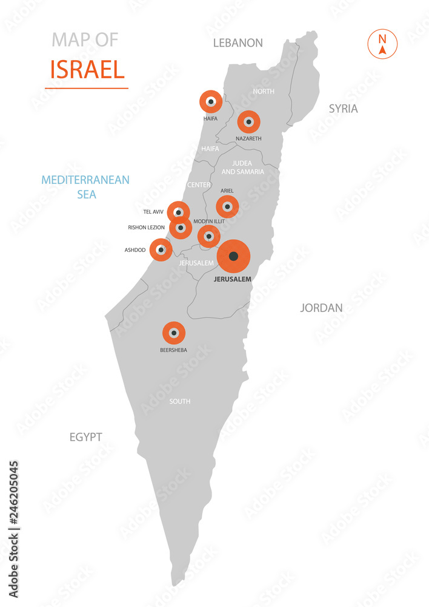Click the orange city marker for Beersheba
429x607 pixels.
[174, 333]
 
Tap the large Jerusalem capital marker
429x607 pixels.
[234, 256]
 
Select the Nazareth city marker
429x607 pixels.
[248, 122]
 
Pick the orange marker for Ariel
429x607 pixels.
[227, 207]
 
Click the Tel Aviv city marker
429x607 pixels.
[178, 212]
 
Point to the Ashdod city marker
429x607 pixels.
[161, 249]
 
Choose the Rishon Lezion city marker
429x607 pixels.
[181, 228]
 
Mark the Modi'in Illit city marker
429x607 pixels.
[209, 236]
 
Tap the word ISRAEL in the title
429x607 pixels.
[87, 70]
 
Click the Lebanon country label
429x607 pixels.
[238, 43]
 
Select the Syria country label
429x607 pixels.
[343, 109]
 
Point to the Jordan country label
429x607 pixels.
[321, 308]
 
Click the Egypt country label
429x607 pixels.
[85, 437]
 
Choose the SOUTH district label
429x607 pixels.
[180, 401]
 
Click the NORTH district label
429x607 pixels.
[264, 92]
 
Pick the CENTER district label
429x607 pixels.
[199, 185]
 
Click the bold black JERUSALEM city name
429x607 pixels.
[233, 279]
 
